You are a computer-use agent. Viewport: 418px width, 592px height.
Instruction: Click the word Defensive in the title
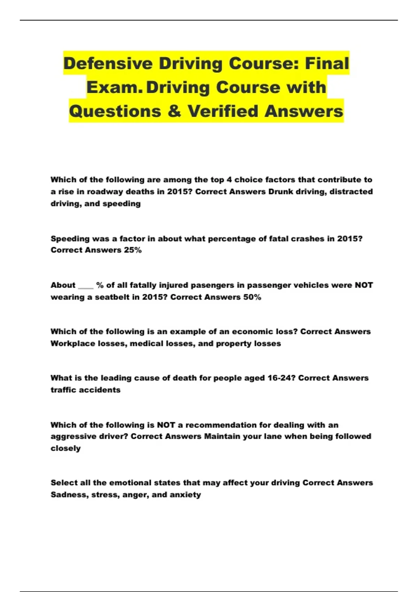click(x=108, y=64)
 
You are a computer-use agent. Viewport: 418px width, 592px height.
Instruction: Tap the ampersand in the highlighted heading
click(x=175, y=111)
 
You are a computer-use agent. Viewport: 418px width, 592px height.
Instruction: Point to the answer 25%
click(x=133, y=250)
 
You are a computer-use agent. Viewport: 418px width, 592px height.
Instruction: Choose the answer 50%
click(x=252, y=297)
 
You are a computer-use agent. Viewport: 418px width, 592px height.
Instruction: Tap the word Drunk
click(x=281, y=192)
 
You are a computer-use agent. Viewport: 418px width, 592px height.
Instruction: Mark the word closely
click(x=65, y=448)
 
